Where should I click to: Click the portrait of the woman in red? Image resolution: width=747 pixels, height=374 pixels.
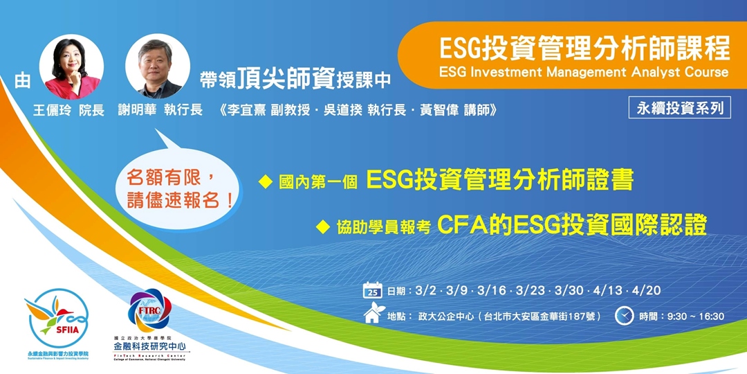[71, 66]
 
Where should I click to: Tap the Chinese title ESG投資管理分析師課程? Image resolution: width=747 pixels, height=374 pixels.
[584, 49]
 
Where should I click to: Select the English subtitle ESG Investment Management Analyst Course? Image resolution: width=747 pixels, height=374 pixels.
[584, 72]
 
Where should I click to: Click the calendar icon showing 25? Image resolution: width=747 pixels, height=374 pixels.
[373, 290]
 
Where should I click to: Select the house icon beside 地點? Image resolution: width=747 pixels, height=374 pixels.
[372, 316]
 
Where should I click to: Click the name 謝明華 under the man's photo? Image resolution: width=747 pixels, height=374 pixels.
[137, 110]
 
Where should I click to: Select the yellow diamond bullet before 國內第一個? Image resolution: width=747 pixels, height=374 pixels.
[264, 182]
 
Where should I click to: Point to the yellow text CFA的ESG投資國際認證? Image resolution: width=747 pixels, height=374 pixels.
[572, 225]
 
